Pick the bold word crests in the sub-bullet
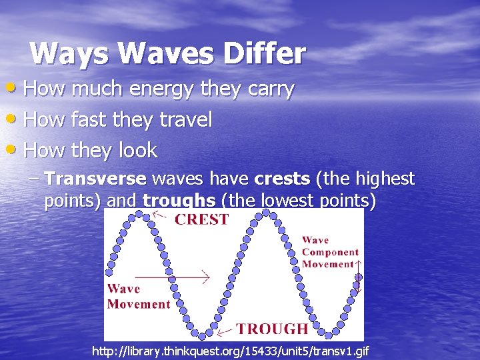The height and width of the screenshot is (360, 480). (281, 179)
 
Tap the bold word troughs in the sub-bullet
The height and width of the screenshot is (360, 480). (179, 201)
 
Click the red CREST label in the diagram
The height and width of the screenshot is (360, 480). (201, 219)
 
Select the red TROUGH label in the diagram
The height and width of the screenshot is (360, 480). (272, 328)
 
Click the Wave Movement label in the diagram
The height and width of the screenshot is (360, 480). (138, 297)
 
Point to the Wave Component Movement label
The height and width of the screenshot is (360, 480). (329, 252)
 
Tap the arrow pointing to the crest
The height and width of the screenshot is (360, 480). (159, 215)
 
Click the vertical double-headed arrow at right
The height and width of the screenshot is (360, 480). (358, 276)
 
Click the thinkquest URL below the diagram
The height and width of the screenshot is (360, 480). (230, 351)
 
